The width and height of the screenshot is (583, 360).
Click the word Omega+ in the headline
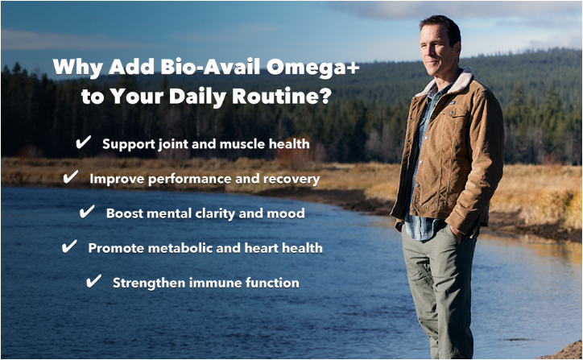312,68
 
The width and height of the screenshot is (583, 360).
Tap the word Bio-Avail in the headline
210,67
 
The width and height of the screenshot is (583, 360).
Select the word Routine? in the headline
282,96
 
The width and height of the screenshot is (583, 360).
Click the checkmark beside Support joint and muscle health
83,143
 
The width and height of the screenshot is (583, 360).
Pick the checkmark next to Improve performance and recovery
71,177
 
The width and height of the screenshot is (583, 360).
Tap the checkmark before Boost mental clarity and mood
87,212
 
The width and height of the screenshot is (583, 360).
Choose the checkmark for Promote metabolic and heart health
69,246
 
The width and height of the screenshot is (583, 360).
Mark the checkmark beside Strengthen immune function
93,281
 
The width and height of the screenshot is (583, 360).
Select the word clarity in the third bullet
215,214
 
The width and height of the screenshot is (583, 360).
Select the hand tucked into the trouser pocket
457,234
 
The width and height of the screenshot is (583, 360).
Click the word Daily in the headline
197,97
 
